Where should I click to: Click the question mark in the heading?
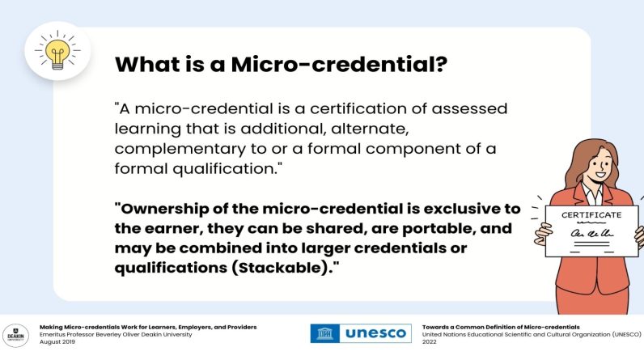(x=441, y=64)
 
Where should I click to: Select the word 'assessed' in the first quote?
(x=469, y=108)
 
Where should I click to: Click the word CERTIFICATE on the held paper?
(x=591, y=214)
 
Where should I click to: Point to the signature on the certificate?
(x=592, y=233)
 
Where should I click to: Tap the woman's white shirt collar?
(x=592, y=193)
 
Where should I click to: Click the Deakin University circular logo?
(x=15, y=336)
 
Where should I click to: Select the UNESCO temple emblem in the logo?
(x=325, y=333)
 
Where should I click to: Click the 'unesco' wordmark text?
(x=375, y=333)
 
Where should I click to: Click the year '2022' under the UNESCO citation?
(x=429, y=341)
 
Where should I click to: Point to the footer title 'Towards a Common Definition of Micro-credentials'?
(x=501, y=327)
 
